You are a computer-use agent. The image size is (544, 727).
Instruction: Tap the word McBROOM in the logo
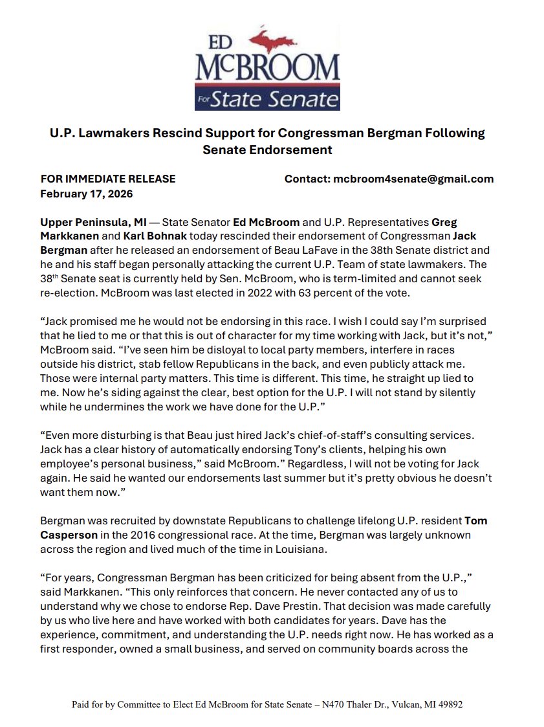[267, 67]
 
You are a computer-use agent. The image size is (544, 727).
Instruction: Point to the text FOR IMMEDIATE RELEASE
[108, 179]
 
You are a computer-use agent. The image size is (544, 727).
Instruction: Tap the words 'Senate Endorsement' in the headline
[267, 150]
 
